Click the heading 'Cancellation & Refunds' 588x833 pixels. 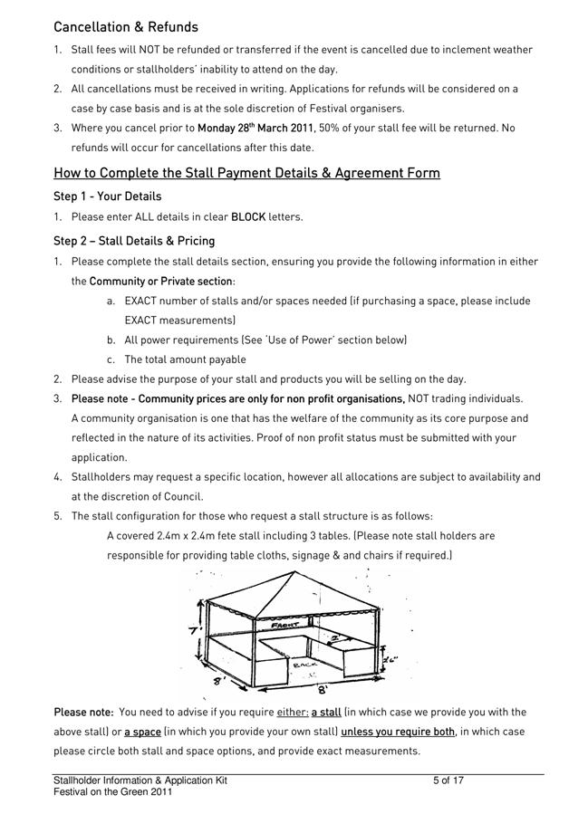click(x=126, y=27)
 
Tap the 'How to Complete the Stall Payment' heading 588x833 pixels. click(x=246, y=172)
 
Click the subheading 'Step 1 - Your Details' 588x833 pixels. click(x=107, y=196)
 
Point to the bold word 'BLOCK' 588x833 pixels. click(x=248, y=217)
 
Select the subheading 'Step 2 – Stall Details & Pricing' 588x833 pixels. click(x=134, y=241)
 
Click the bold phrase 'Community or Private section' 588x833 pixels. click(x=160, y=282)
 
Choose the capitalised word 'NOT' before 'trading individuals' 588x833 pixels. click(x=420, y=398)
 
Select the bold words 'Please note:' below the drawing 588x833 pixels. click(x=83, y=713)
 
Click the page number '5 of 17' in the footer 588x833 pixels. click(x=448, y=780)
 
